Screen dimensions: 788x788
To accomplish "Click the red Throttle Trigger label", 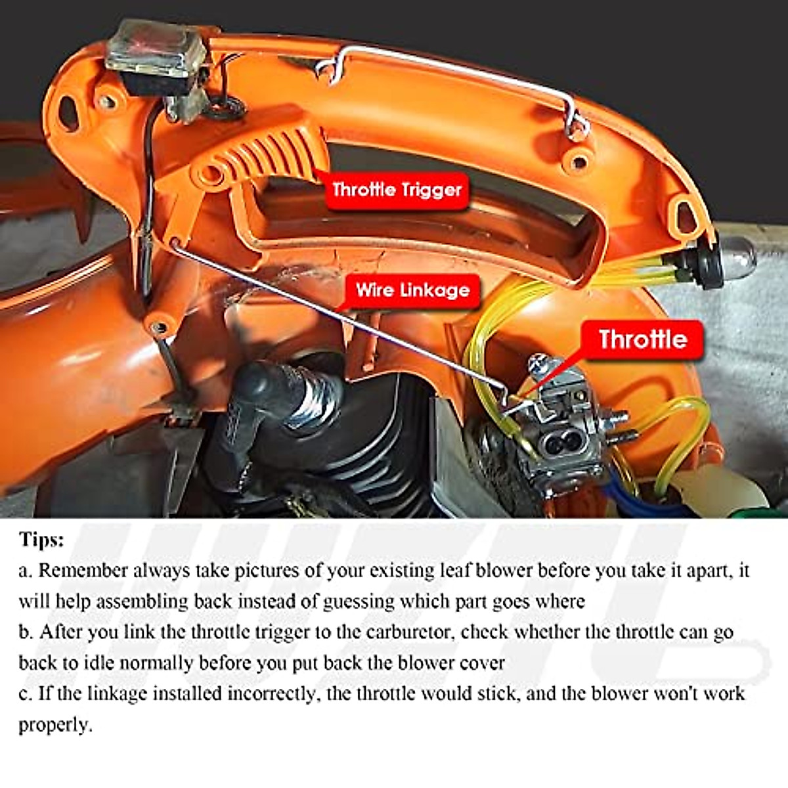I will tap(397, 190).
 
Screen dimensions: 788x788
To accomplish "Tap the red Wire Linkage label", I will tap(412, 290).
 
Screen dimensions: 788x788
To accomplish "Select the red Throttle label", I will tap(642, 339).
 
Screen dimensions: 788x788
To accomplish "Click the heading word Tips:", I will tap(41, 540).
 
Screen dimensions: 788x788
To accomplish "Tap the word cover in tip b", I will tap(482, 663).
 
